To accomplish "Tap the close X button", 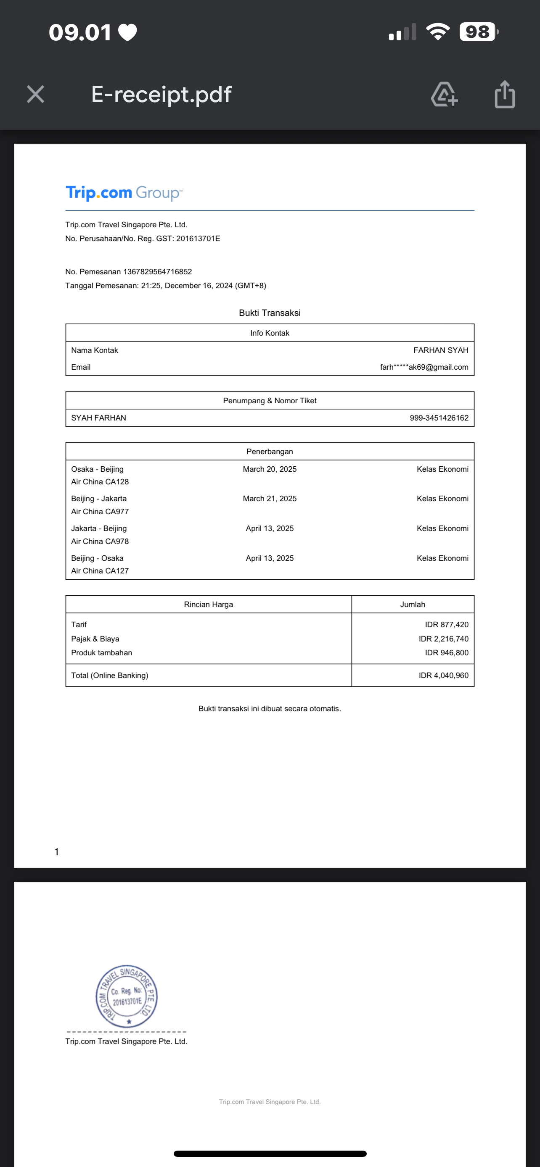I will click(x=35, y=94).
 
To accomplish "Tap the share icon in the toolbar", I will click(x=504, y=94).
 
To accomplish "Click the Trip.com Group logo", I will click(x=124, y=193).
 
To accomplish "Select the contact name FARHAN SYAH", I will click(x=440, y=350).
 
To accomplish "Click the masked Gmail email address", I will click(x=424, y=367).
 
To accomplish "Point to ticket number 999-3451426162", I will click(x=439, y=418).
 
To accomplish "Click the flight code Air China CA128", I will click(x=100, y=482).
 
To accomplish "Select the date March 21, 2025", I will click(x=269, y=498).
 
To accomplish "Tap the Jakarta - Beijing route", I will click(x=99, y=528).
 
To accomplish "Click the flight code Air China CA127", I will click(x=100, y=571).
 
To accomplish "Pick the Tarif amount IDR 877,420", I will click(x=446, y=624).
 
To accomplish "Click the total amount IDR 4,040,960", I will click(x=443, y=675).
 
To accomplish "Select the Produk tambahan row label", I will click(x=101, y=653).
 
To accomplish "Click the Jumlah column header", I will click(x=412, y=605).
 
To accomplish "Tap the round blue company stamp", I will click(x=127, y=996).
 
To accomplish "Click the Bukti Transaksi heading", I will click(x=269, y=313).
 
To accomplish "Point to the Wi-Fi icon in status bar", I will click(x=437, y=32).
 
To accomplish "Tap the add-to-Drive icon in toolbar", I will click(x=444, y=94).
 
